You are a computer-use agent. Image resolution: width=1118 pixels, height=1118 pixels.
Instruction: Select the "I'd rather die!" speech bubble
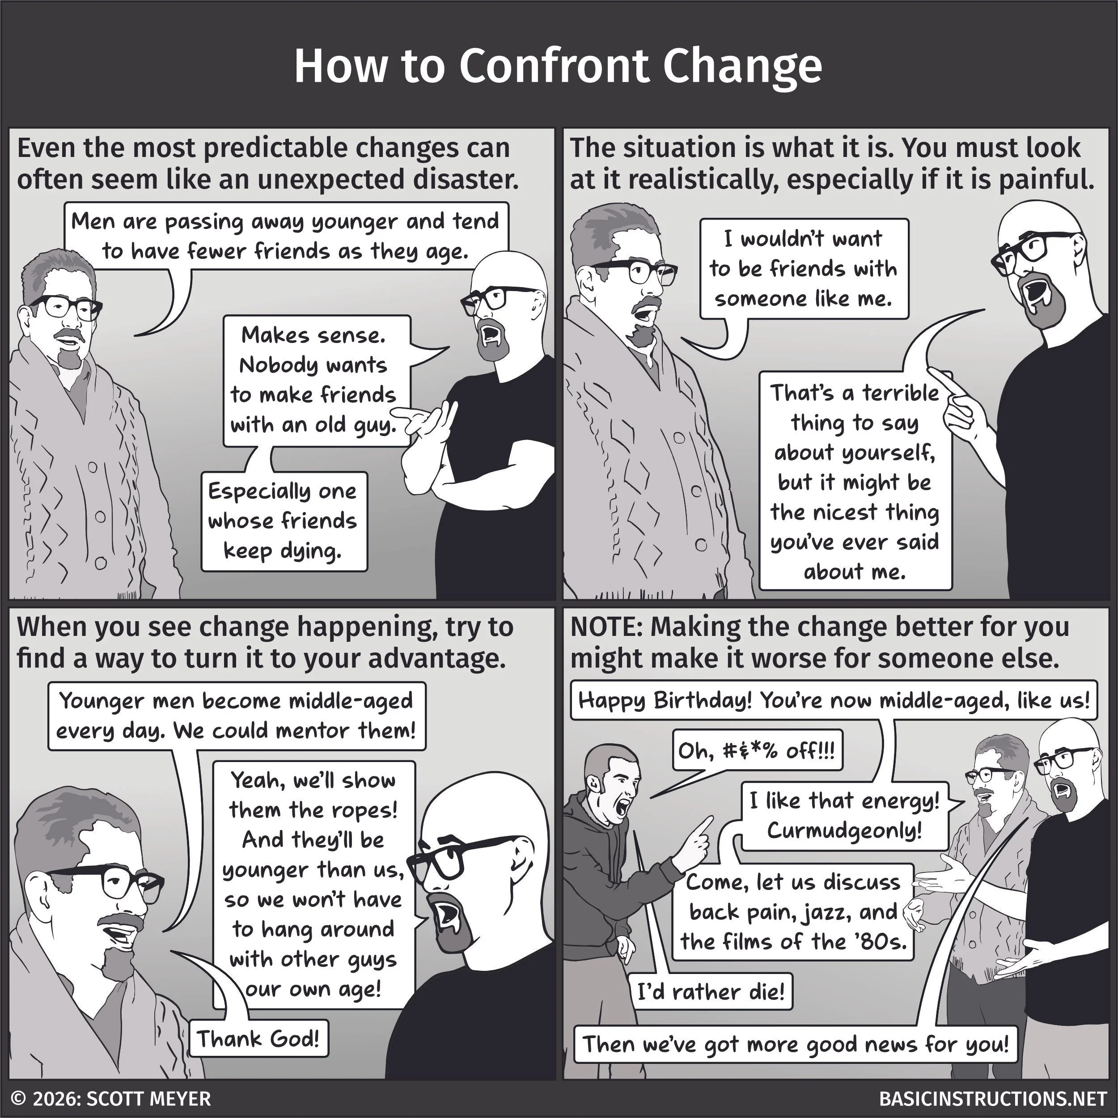point(711,992)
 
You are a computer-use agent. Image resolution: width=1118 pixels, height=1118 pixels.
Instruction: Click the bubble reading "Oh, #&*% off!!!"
point(757,750)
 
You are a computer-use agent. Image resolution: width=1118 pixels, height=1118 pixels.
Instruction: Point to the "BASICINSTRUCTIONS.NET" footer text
point(992,1098)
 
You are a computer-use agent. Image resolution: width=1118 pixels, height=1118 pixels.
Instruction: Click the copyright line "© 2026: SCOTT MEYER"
point(111,1098)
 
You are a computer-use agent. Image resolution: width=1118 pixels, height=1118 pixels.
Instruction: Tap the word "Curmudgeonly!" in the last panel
point(844,830)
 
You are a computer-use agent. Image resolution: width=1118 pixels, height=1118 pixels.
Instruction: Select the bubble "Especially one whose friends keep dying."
point(284,521)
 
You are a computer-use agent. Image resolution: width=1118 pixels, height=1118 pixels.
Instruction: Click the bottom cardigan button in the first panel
point(101,562)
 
